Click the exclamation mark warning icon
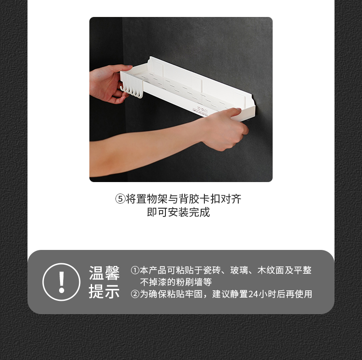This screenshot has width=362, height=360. tap(61, 282)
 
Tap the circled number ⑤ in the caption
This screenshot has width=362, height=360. tap(120, 199)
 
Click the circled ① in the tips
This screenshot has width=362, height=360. tap(135, 270)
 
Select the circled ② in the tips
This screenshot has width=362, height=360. tap(135, 294)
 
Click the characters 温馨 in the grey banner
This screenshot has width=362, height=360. tap(104, 273)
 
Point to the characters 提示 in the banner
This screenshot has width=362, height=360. tap(104, 291)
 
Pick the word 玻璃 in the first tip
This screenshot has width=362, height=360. tap(239, 270)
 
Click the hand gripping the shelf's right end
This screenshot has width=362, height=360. tap(224, 129)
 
